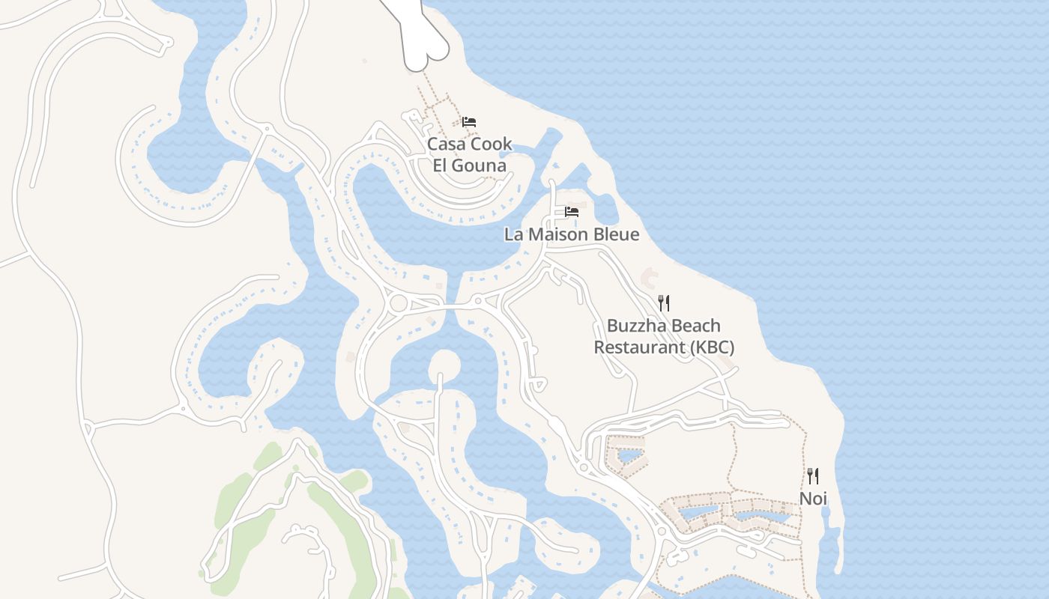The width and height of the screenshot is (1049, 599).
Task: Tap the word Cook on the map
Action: click(492, 144)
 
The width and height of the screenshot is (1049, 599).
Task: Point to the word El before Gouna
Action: click(441, 165)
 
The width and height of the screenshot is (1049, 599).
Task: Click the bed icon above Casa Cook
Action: click(469, 121)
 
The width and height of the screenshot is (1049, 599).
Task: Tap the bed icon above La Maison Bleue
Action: click(572, 212)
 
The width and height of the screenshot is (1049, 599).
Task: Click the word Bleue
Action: click(617, 234)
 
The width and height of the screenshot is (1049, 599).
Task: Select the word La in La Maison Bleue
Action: click(513, 234)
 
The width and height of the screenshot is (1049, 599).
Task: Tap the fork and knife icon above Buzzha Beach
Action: click(664, 302)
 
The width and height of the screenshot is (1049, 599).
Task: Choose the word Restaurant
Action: click(639, 347)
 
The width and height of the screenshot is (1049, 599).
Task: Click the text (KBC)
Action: click(711, 347)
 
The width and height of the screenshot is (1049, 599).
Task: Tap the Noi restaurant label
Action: click(813, 499)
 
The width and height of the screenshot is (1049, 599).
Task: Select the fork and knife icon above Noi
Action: click(813, 476)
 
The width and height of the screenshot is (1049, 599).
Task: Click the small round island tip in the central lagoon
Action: click(444, 365)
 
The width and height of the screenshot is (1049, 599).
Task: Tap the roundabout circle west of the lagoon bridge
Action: click(399, 303)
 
